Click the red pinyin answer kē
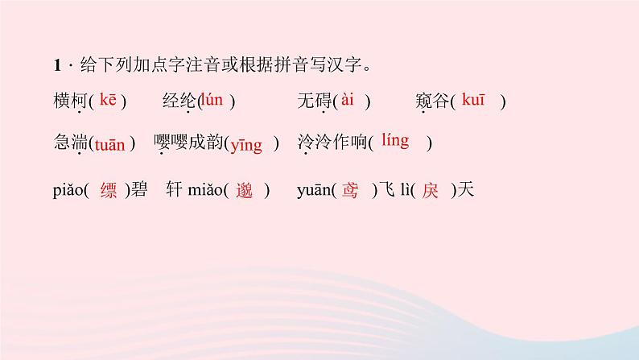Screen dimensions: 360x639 tap(109, 100)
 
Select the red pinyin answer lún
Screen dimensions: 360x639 tap(212, 100)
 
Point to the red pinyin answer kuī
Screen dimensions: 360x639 tap(472, 100)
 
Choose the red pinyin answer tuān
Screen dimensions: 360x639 tap(109, 145)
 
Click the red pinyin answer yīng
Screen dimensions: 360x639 tap(246, 145)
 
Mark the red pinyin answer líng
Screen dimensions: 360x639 tap(395, 141)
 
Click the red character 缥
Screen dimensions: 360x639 tap(109, 191)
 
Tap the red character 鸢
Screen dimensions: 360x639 tap(349, 191)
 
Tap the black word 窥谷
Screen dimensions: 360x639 tap(433, 101)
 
